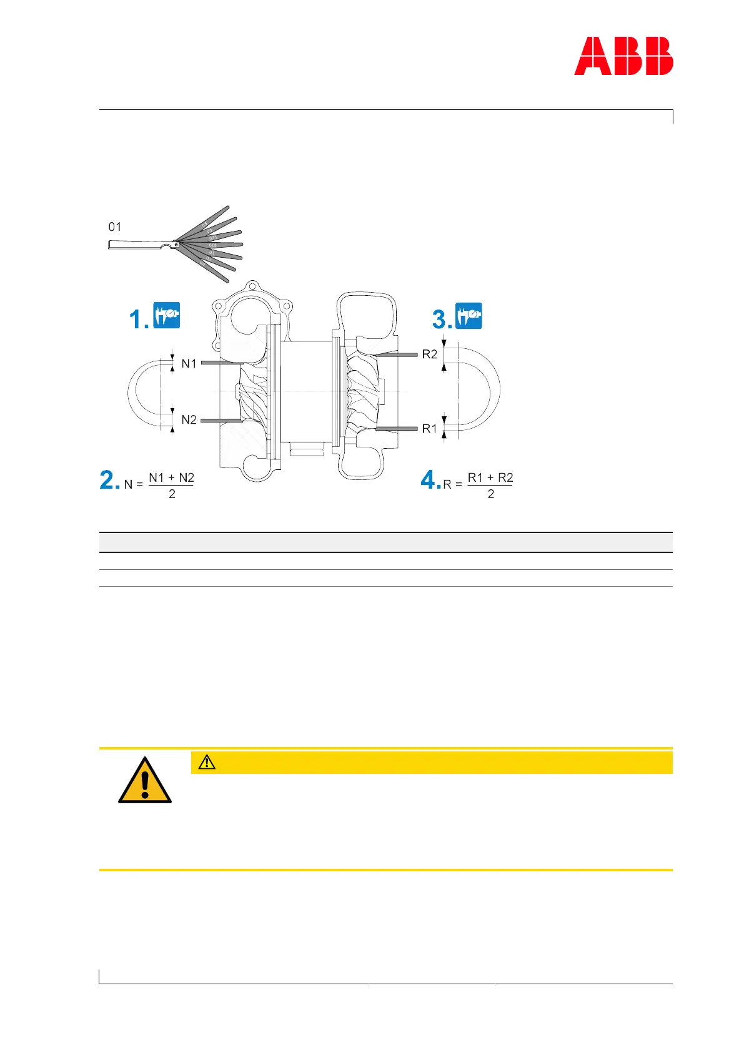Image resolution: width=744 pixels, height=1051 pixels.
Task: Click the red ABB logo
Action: pos(623,56)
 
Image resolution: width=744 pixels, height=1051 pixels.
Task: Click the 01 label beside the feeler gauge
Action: pos(115,227)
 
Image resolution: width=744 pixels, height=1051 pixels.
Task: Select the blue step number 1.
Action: pos(137,320)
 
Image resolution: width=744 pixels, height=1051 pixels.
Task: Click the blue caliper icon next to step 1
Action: pos(167,315)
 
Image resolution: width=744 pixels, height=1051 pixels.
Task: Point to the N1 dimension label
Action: pos(189,363)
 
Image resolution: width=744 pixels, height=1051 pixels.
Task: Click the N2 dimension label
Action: pos(189,419)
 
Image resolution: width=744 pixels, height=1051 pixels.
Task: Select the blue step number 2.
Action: pos(109,480)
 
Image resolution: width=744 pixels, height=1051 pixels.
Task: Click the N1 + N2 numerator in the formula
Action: pos(172,477)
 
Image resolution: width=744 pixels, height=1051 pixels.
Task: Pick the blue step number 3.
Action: pos(441,320)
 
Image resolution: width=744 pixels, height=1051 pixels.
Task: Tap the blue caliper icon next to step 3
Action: pos(469,315)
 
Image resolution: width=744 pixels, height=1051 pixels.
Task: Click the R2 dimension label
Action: pos(430,354)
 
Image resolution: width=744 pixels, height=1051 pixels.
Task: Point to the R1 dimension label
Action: pos(430,429)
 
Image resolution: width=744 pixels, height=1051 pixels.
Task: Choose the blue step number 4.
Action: pos(430,480)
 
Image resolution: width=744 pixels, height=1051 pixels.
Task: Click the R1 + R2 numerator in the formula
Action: pos(490,477)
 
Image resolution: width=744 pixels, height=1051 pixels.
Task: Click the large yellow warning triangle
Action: pos(145,781)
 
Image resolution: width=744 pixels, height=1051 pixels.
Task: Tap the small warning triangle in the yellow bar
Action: pos(207,762)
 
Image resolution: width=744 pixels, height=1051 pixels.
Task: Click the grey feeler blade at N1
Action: pos(222,363)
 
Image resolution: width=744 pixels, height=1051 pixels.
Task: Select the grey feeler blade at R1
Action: pos(397,429)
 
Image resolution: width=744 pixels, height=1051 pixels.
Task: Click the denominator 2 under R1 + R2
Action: pos(491,494)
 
